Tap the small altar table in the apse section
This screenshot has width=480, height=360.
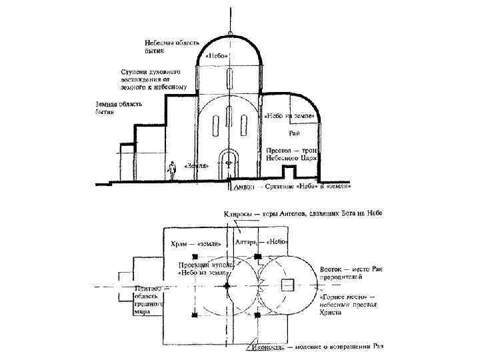(289, 172)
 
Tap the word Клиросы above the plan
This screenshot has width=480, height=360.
(235, 213)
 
